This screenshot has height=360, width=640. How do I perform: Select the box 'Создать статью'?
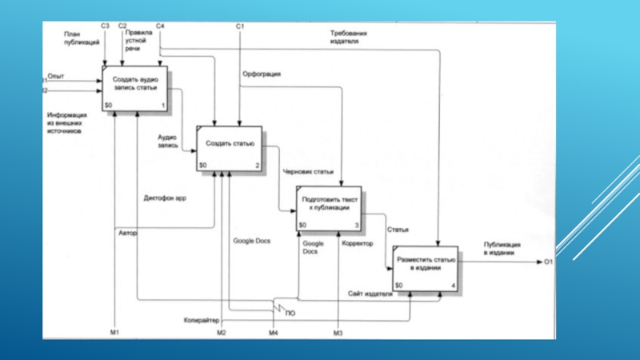(x=230, y=149)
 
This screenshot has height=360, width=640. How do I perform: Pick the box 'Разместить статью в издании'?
(x=426, y=269)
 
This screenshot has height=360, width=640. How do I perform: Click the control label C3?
(x=105, y=26)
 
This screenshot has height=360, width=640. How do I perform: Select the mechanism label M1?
(x=114, y=332)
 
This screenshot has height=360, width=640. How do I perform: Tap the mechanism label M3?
(x=338, y=332)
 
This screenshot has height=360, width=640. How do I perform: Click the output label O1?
(x=549, y=262)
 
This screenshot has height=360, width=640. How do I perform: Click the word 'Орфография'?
(x=262, y=74)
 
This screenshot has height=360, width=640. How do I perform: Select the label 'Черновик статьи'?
(x=308, y=171)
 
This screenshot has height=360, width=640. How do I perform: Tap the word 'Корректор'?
(x=358, y=242)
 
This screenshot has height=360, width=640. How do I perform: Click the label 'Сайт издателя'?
(x=370, y=294)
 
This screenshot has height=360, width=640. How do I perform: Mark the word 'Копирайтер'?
(x=201, y=320)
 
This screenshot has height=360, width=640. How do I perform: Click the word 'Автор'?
(x=128, y=234)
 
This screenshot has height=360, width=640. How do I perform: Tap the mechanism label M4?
(x=273, y=332)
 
